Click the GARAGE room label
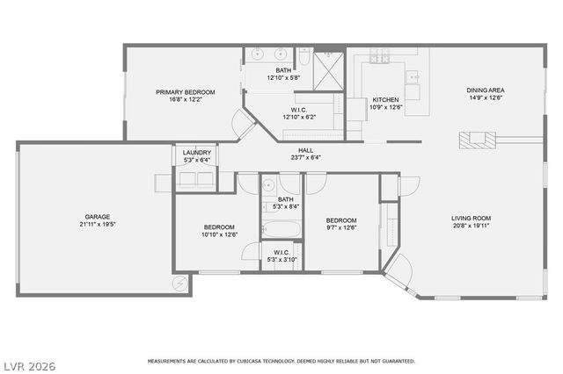click(x=97, y=216)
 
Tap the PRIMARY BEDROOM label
click(x=186, y=91)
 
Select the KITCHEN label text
click(x=386, y=99)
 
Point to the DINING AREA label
click(x=485, y=90)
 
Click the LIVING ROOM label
click(x=472, y=219)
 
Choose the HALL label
click(x=305, y=150)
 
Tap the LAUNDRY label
click(x=196, y=153)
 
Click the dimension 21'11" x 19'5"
click(x=97, y=225)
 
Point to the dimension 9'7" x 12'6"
click(x=340, y=228)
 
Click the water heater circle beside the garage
click(x=180, y=284)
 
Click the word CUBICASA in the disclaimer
click(x=253, y=361)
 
